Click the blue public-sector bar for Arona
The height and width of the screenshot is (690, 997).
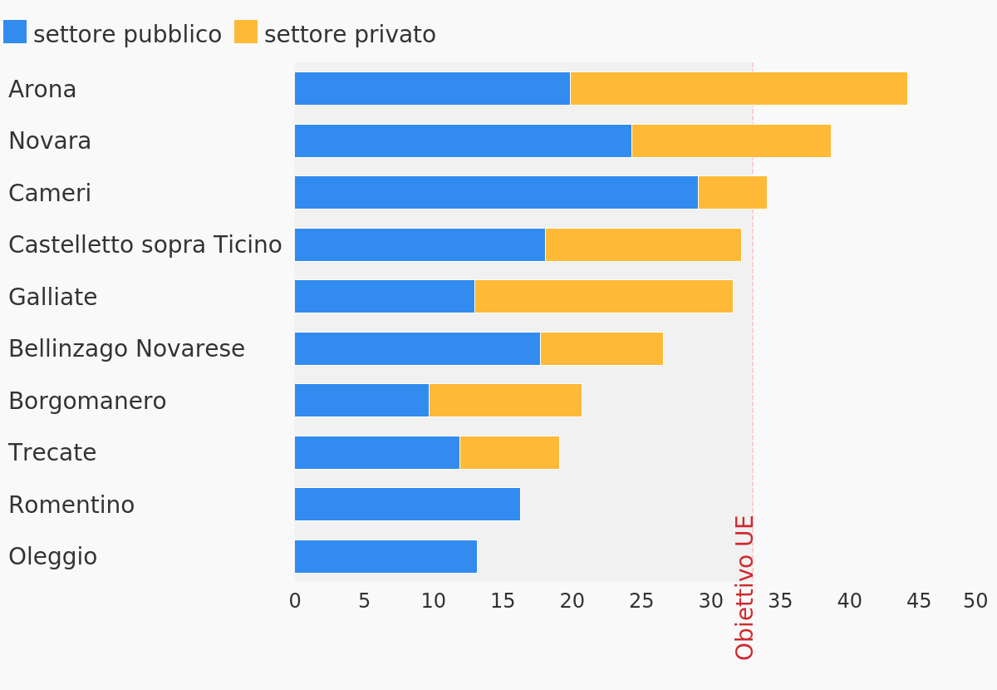click(x=432, y=89)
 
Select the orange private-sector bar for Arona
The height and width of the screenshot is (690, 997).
click(x=739, y=89)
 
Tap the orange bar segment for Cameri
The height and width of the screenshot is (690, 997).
click(x=732, y=193)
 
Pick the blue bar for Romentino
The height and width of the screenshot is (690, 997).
click(x=407, y=505)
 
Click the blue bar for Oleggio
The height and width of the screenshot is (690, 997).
click(x=386, y=557)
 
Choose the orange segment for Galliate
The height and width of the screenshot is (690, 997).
click(x=603, y=297)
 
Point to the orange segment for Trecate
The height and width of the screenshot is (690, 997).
click(x=509, y=453)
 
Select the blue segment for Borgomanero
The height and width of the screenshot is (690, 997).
click(x=361, y=401)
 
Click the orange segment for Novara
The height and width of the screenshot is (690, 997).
click(x=731, y=141)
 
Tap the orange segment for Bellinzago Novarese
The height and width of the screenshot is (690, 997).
click(x=602, y=349)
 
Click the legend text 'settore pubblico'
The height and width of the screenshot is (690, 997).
click(x=127, y=35)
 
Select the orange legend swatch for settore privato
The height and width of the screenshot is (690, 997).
click(x=246, y=32)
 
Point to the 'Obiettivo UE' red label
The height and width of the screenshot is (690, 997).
click(x=745, y=587)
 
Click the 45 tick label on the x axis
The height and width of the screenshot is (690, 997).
click(x=919, y=601)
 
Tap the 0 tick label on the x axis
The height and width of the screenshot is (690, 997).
click(x=295, y=601)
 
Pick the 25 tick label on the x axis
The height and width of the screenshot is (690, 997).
click(x=641, y=601)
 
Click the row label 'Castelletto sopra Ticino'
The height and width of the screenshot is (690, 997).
click(x=145, y=245)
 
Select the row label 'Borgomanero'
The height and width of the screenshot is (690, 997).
click(x=87, y=402)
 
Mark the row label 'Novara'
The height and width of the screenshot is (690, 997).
click(x=50, y=141)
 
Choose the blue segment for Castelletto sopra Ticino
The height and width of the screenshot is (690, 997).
click(x=420, y=245)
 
